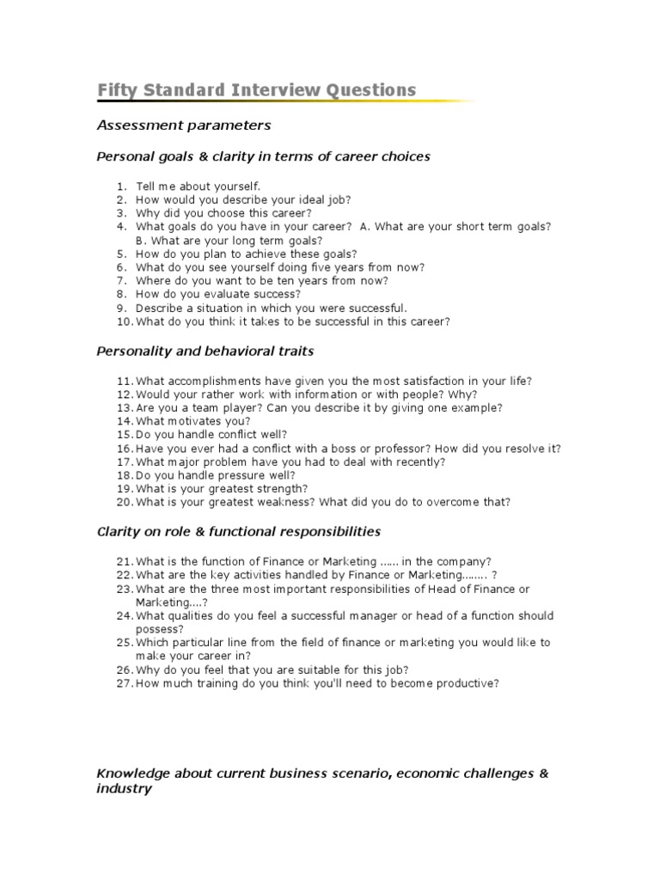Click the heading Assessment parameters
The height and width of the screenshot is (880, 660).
click(183, 125)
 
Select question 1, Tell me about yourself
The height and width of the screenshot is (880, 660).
click(197, 186)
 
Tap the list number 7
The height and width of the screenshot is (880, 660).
click(122, 281)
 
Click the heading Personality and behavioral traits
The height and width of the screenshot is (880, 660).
click(205, 351)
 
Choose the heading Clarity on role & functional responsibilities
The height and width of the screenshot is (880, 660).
click(239, 532)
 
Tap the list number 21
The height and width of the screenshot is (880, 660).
click(124, 561)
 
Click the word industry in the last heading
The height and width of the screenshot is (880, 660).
click(124, 788)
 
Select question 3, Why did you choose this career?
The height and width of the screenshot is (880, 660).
click(223, 213)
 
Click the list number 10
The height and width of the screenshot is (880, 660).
click(124, 322)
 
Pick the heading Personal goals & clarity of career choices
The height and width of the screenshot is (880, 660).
click(263, 156)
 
